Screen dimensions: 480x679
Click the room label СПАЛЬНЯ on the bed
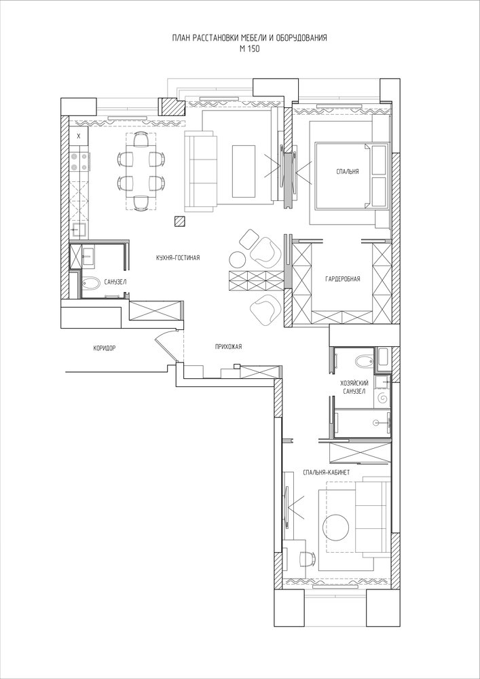(x=347, y=172)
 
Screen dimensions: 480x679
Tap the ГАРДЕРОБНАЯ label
(x=342, y=279)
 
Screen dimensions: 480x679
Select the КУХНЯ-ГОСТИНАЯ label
(x=178, y=257)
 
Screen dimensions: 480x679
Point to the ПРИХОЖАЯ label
(x=228, y=346)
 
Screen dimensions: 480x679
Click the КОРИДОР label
(x=105, y=348)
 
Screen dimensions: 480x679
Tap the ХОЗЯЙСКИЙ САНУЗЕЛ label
(x=354, y=387)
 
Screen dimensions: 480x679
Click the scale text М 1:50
(x=249, y=50)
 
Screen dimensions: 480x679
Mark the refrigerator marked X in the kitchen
(x=78, y=136)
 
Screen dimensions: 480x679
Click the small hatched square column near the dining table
(x=180, y=221)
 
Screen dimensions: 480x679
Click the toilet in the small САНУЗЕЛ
(x=91, y=284)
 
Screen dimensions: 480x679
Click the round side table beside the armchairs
(x=237, y=259)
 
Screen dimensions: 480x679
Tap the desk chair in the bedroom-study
(x=306, y=559)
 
